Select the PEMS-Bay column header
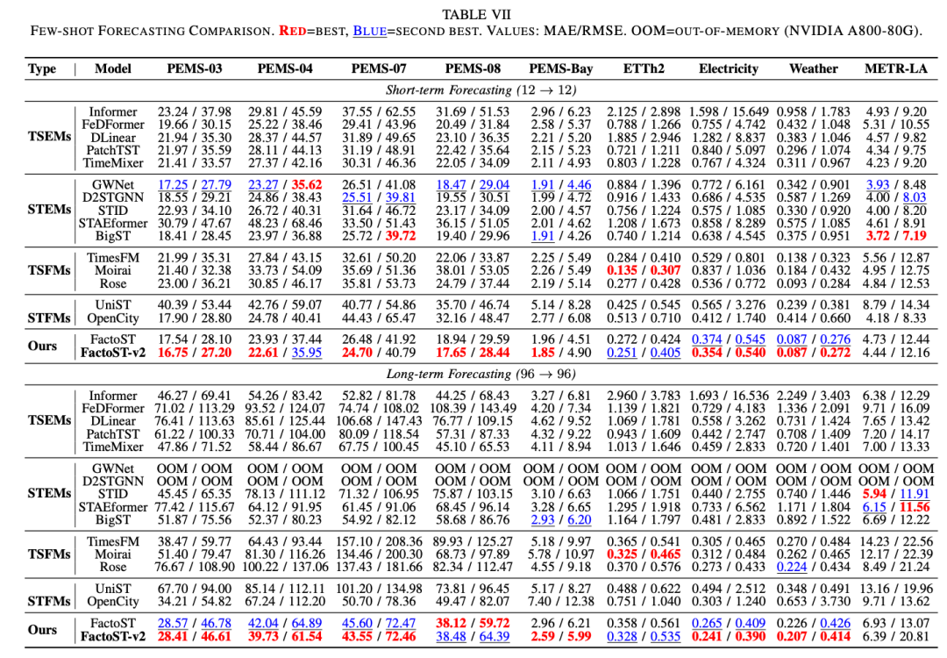[x=560, y=68]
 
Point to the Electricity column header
[x=728, y=68]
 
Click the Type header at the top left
[x=42, y=68]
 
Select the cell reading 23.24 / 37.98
[x=195, y=111]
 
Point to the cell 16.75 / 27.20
[x=195, y=353]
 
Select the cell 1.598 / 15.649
[x=729, y=111]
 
